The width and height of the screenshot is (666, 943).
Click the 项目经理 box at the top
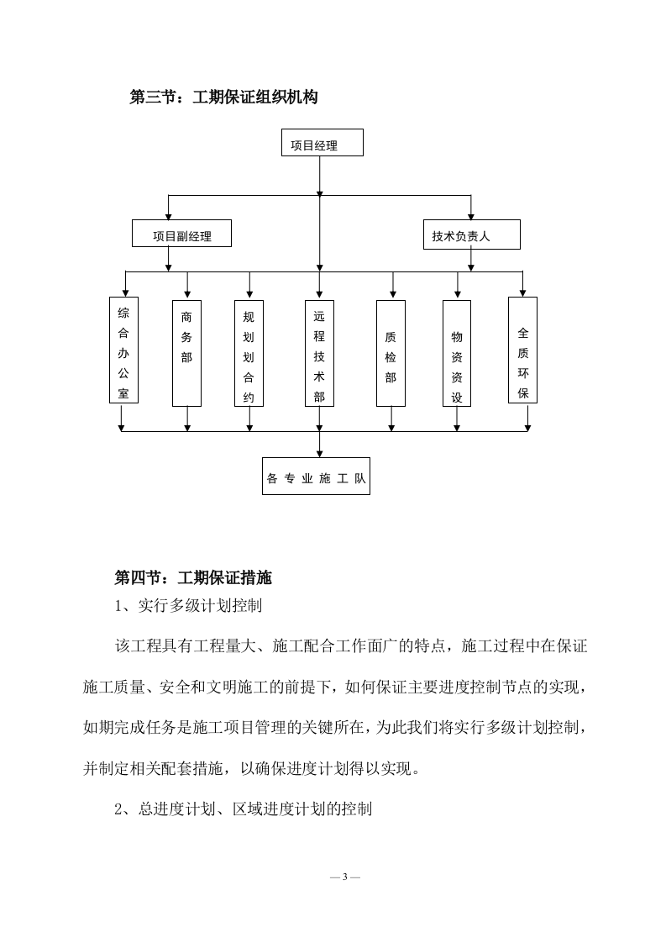[x=322, y=143]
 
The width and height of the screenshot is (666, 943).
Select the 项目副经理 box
[x=181, y=234]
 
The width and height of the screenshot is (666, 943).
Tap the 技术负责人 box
[x=470, y=234]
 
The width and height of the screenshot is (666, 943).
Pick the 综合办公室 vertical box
[x=123, y=349]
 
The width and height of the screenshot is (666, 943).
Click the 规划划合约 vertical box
[x=249, y=353]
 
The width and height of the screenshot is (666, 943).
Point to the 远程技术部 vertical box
[x=319, y=353]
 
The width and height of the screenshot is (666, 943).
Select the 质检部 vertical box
[x=391, y=353]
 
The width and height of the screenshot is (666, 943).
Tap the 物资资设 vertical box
[x=457, y=353]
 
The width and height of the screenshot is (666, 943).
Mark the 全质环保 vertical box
[x=523, y=350]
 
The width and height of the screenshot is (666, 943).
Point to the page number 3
[x=345, y=877]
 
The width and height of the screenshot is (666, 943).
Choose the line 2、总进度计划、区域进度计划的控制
[x=244, y=809]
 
